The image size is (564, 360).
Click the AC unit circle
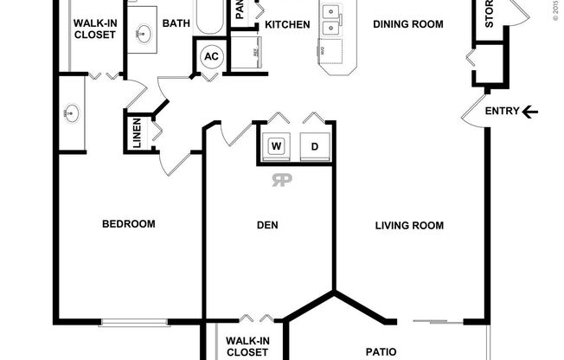click(211, 57)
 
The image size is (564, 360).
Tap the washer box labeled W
click(278, 146)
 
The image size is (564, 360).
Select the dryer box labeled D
click(314, 146)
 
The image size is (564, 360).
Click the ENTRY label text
click(502, 111)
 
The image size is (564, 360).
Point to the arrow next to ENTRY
click(531, 111)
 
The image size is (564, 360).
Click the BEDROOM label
click(129, 224)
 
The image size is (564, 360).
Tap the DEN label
click(267, 226)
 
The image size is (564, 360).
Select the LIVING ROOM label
click(409, 226)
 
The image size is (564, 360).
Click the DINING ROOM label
click(408, 24)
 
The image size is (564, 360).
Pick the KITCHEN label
click(287, 24)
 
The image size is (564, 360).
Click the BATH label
click(176, 24)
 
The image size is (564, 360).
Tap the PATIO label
click(381, 351)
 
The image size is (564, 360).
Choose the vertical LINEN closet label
click(137, 134)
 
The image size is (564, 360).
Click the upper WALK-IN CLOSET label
click(95, 29)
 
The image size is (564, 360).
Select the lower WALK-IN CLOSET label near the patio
click(247, 346)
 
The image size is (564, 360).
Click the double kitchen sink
click(331, 20)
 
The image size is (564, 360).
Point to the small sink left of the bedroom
click(71, 112)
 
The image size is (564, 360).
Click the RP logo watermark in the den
click(282, 180)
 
